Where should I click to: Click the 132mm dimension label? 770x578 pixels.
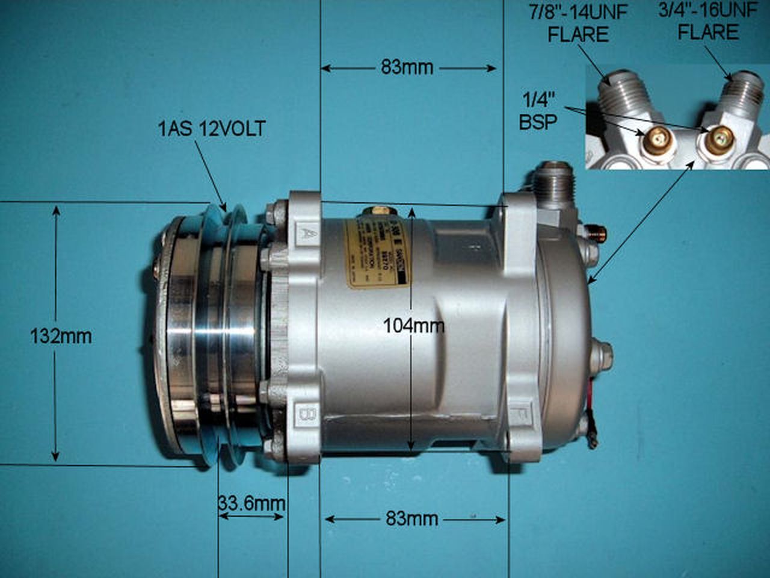[61, 336]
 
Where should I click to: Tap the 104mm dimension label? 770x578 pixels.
[414, 326]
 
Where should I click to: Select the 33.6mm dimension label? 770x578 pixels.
[251, 503]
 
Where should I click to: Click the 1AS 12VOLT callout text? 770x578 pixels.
[211, 128]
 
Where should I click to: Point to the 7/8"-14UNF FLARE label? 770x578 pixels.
[577, 23]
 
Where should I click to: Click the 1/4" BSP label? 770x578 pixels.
[538, 110]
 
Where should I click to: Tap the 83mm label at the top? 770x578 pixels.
[407, 67]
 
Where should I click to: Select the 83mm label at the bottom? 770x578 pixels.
[412, 518]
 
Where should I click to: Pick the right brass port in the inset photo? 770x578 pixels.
[718, 139]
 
